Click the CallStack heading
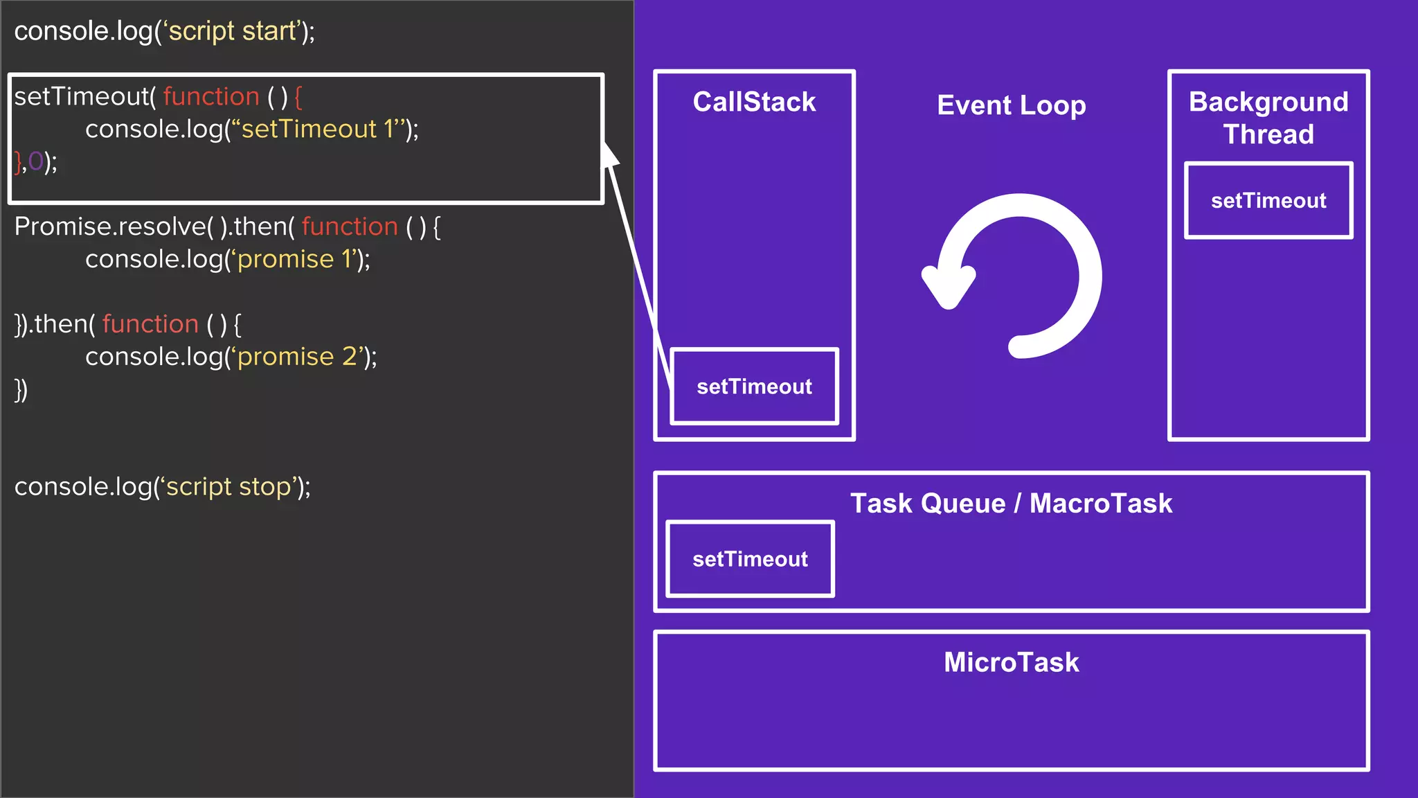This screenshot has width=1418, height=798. [754, 103]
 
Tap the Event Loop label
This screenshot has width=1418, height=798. [1011, 105]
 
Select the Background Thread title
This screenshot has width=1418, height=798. [1268, 118]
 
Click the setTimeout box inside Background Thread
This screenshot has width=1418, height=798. [1268, 201]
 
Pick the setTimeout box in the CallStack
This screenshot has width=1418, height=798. [754, 387]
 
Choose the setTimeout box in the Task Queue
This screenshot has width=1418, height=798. [750, 559]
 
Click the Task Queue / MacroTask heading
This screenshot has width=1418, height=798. [1011, 504]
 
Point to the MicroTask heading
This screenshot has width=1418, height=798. [1011, 662]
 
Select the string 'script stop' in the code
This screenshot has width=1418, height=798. [228, 487]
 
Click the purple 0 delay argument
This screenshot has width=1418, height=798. [35, 162]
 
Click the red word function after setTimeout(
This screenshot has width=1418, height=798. [211, 97]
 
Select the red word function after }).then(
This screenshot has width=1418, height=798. [150, 324]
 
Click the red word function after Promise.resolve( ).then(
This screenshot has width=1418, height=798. [350, 227]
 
